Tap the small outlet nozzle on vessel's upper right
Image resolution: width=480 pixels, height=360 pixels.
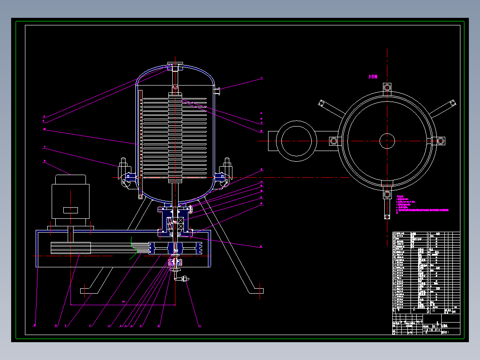pyautogui.click(x=218, y=91)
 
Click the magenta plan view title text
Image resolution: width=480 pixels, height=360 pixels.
pyautogui.click(x=373, y=77)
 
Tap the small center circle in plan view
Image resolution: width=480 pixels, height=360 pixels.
pyautogui.click(x=387, y=141)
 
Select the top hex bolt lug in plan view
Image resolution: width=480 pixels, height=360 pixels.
pyautogui.click(x=387, y=87)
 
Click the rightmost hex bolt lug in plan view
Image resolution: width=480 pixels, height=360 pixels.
pyautogui.click(x=440, y=141)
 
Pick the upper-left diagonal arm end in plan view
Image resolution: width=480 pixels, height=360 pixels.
pyautogui.click(x=321, y=104)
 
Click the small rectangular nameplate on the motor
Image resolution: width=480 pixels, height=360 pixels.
pyautogui.click(x=70, y=210)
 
